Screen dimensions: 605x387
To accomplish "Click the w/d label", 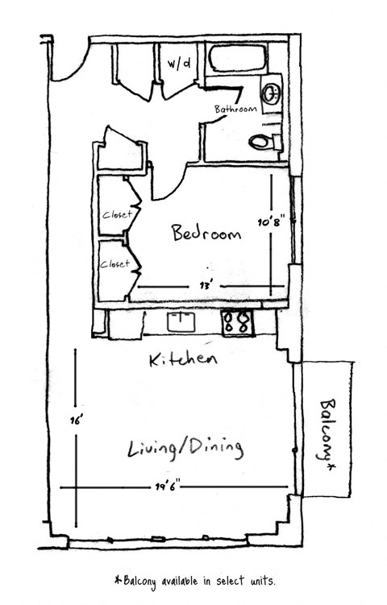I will [x=177, y=62].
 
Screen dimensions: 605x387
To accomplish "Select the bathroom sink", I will [x=272, y=91].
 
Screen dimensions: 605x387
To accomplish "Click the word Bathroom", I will [x=235, y=110].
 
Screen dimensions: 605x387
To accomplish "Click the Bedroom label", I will [x=206, y=234].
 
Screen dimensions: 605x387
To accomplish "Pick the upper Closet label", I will [x=116, y=214].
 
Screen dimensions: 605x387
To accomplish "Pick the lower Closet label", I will [x=114, y=263].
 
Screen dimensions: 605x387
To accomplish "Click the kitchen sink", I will [x=181, y=322].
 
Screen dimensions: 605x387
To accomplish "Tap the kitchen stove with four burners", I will [x=238, y=322].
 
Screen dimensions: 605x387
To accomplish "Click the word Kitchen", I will [x=183, y=359].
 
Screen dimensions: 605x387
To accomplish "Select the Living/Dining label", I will [x=186, y=447].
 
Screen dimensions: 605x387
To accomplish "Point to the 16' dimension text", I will [x=77, y=418].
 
